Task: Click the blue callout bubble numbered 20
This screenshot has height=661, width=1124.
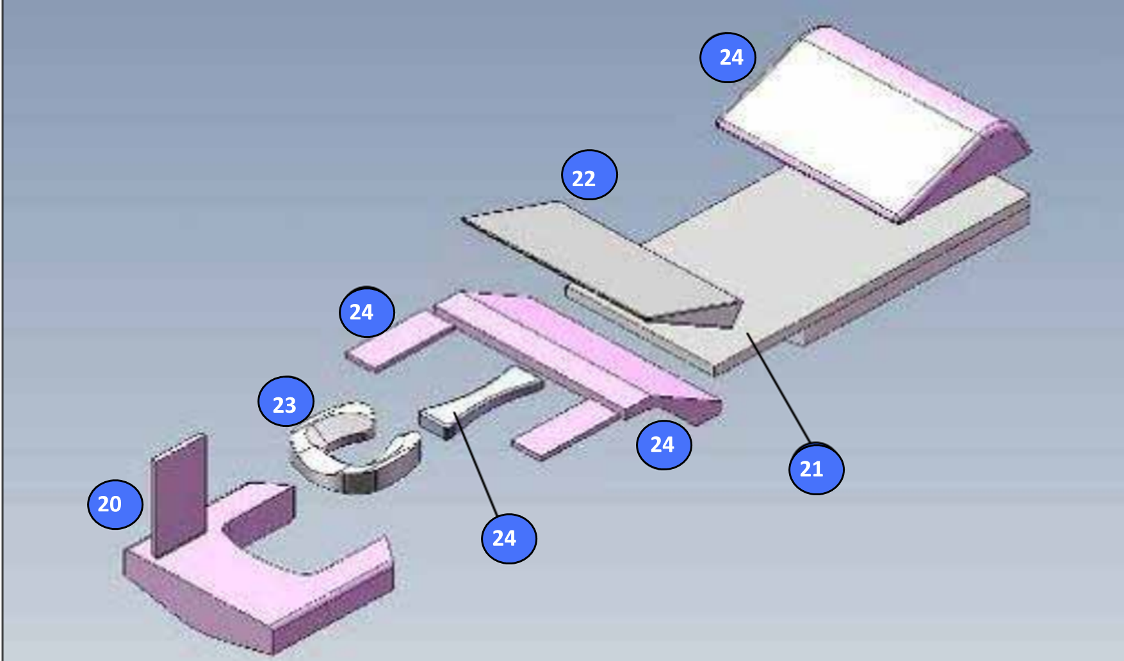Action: pyautogui.click(x=115, y=504)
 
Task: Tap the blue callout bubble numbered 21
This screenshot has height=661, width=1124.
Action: pyautogui.click(x=817, y=469)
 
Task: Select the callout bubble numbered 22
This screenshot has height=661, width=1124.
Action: pyautogui.click(x=589, y=175)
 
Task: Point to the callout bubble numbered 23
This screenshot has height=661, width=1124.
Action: pyautogui.click(x=286, y=401)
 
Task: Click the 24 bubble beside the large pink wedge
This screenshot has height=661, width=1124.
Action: pyautogui.click(x=728, y=58)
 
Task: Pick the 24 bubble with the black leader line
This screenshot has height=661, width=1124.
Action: pyautogui.click(x=509, y=538)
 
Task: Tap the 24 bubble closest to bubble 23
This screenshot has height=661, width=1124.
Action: pyautogui.click(x=367, y=312)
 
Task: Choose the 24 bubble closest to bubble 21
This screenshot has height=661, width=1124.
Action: pyautogui.click(x=664, y=445)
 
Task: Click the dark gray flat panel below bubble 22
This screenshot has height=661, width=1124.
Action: pyautogui.click(x=602, y=262)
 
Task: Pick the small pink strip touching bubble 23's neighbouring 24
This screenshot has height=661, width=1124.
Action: pyautogui.click(x=400, y=340)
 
